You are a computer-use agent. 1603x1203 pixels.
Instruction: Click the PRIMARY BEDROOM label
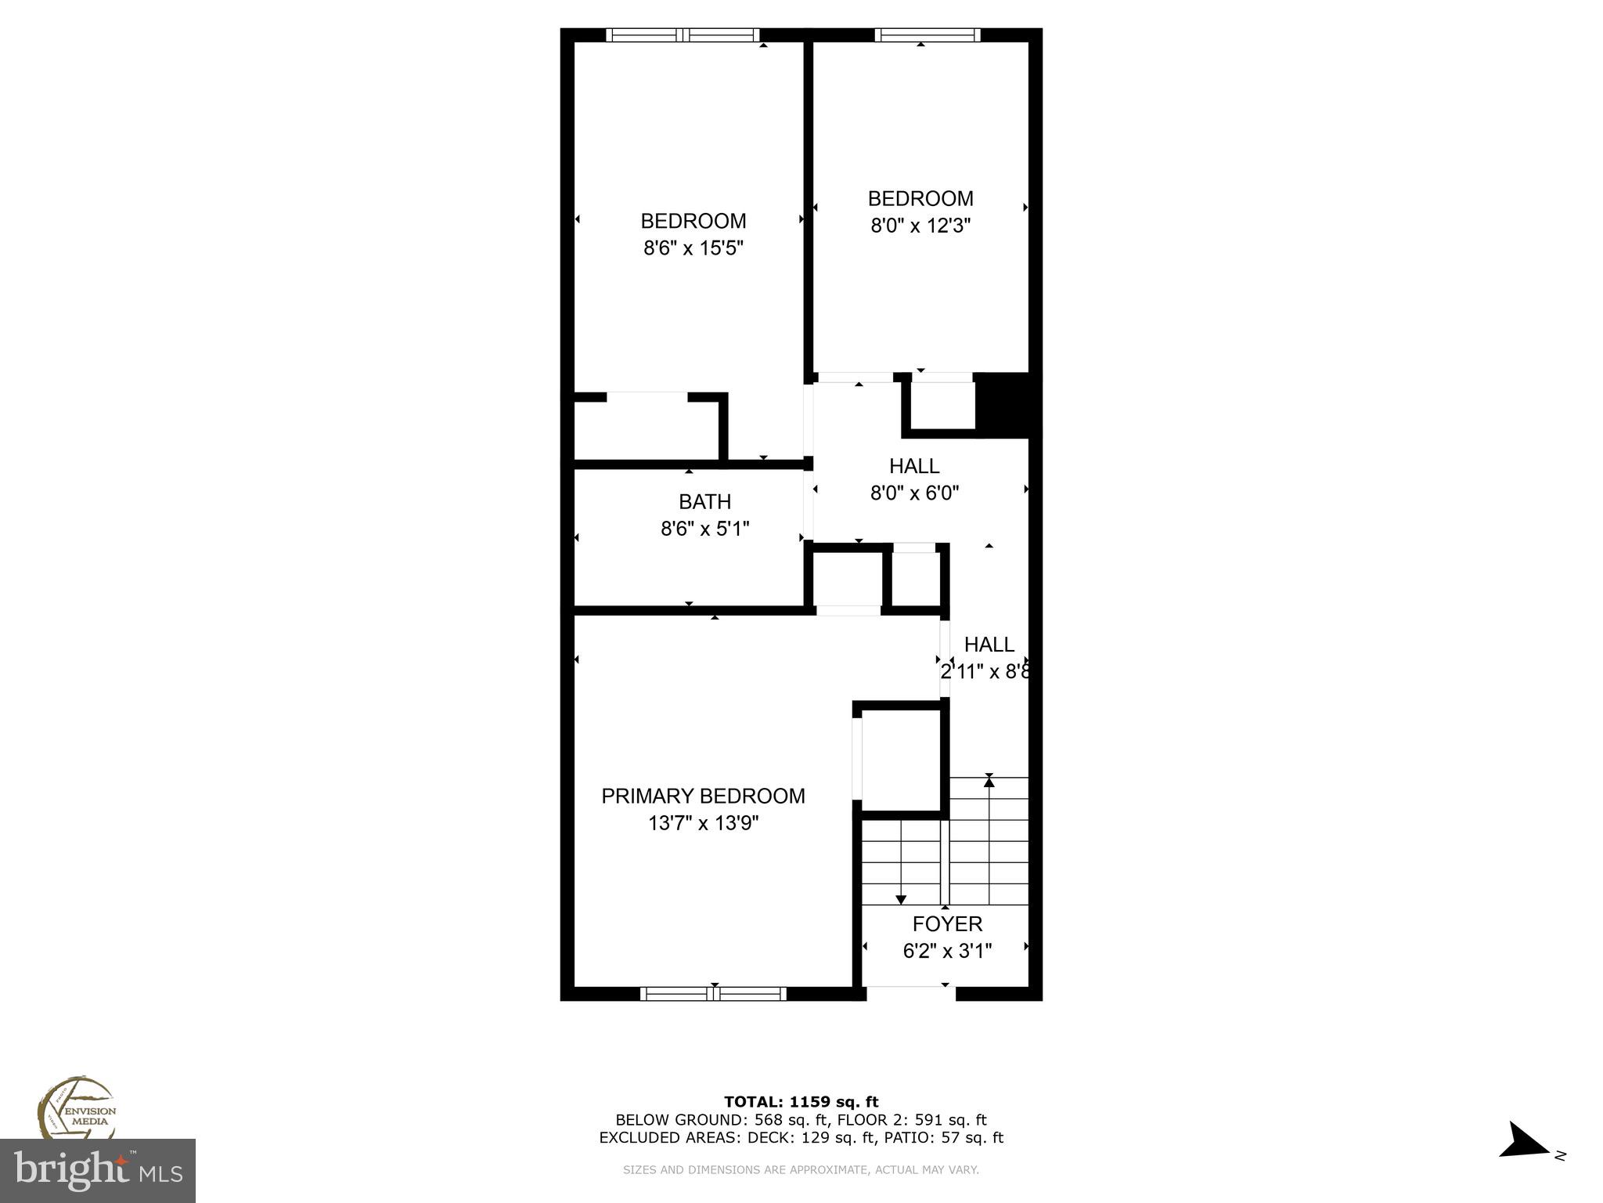click(703, 796)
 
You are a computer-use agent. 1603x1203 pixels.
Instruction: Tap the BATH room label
click(704, 501)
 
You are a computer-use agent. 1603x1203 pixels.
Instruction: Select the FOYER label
click(947, 924)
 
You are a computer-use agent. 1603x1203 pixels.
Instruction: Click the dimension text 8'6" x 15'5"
click(693, 248)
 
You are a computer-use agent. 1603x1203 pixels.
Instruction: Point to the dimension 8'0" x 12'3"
click(920, 226)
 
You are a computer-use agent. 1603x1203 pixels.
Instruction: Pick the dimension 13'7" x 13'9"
click(704, 823)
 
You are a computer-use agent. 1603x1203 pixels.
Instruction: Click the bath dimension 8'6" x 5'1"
click(704, 529)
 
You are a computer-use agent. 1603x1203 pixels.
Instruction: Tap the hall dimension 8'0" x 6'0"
click(914, 493)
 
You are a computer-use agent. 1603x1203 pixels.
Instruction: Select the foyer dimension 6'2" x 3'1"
click(947, 951)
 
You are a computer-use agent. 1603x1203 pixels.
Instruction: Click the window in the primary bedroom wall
click(713, 993)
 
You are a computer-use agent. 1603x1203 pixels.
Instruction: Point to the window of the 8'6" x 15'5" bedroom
click(683, 34)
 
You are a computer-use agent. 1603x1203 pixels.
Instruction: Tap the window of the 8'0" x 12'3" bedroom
click(927, 34)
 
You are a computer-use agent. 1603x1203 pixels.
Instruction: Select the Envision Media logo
click(77, 1109)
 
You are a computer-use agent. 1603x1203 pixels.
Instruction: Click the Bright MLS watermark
click(98, 1171)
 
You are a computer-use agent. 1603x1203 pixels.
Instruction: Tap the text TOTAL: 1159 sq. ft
click(801, 1102)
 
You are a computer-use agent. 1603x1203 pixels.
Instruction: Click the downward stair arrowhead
click(901, 899)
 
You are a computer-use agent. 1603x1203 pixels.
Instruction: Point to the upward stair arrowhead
click(989, 781)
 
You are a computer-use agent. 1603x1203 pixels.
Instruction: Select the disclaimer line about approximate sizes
click(801, 1170)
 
